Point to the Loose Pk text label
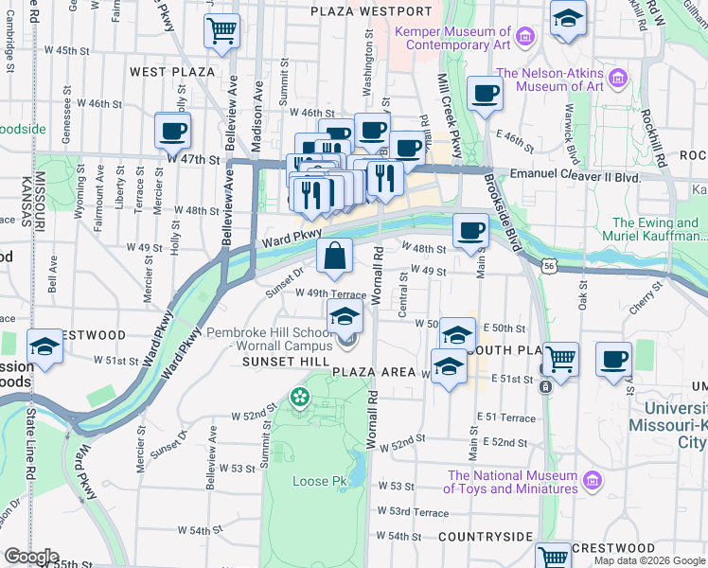(x=319, y=481)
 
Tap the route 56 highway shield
(x=549, y=270)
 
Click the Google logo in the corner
(x=30, y=557)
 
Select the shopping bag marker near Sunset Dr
(x=335, y=256)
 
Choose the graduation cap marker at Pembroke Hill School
(x=345, y=316)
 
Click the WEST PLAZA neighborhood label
(x=172, y=72)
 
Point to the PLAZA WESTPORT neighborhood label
(x=372, y=11)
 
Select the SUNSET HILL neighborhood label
(x=285, y=362)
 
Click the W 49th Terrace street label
(x=329, y=294)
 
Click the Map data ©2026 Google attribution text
(x=649, y=560)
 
